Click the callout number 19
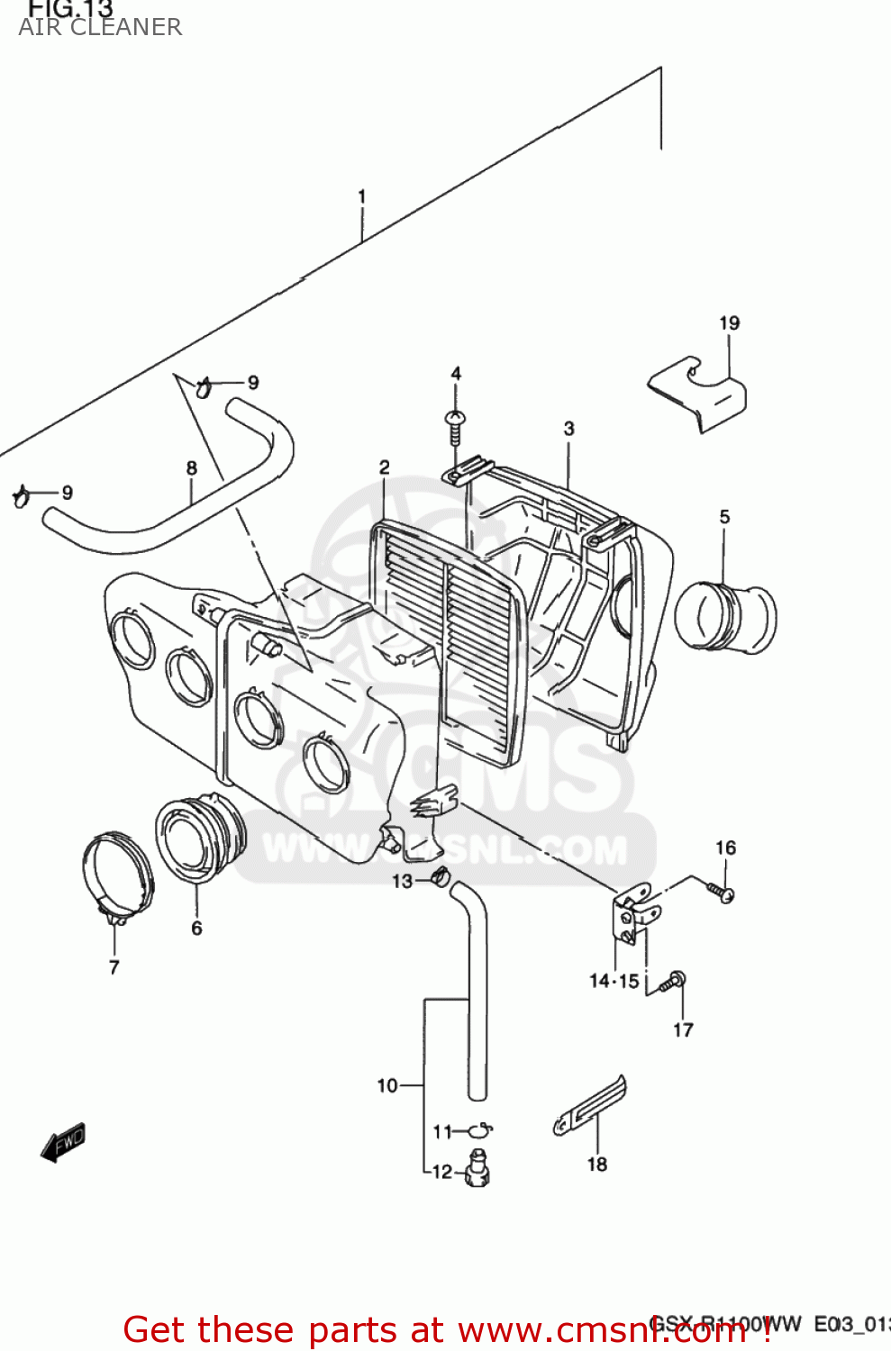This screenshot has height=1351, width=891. [x=729, y=322]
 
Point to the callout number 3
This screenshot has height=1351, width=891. [x=568, y=429]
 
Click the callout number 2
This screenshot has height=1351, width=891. [x=385, y=467]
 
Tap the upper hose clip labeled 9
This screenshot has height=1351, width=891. [x=203, y=387]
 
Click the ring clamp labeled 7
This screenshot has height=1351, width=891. [x=117, y=877]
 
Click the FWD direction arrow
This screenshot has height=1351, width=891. [x=63, y=1142]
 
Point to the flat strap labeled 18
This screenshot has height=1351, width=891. [x=590, y=1106]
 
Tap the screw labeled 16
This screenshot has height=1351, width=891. [x=720, y=892]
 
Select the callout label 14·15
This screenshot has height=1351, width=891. [x=614, y=981]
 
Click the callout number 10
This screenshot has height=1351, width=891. [x=386, y=1085]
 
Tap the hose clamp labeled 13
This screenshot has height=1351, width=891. [x=441, y=875]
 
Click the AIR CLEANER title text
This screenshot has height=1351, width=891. [x=100, y=27]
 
